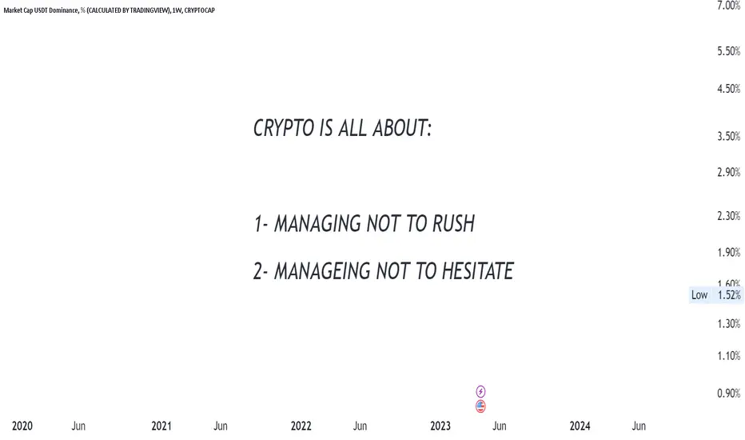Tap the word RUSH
pos(453,223)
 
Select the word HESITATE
pos(477,271)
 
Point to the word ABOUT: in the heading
pos(402,128)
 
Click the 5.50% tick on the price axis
pos(729,51)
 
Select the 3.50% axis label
pos(729,137)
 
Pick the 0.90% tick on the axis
pos(729,394)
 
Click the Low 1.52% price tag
pos(716,295)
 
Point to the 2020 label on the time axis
pos(22,426)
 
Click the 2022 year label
pos(301,426)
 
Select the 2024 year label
pos(580,426)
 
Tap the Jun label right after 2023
pos(500,426)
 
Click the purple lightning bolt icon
pos(481,391)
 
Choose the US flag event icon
pos(481,406)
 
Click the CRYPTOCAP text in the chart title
pos(200,10)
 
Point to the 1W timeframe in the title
pos(177,10)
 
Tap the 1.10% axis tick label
pos(729,356)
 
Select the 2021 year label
pos(161,426)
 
